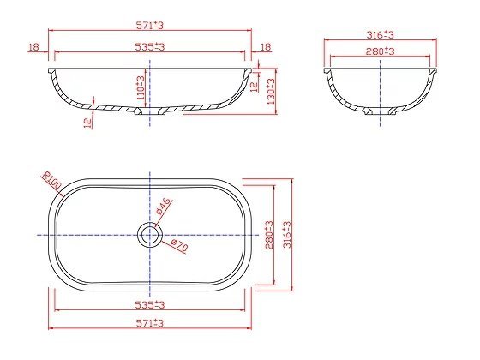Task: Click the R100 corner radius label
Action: point(51,180)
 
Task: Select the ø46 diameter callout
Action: point(163,206)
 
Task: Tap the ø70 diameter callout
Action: point(179,245)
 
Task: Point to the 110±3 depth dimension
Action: point(141,87)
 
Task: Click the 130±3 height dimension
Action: point(271,91)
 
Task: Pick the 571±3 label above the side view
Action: point(150,25)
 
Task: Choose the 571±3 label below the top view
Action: point(150,323)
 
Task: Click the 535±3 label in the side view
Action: point(150,47)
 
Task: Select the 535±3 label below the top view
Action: point(150,305)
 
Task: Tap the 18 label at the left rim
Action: point(34,47)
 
